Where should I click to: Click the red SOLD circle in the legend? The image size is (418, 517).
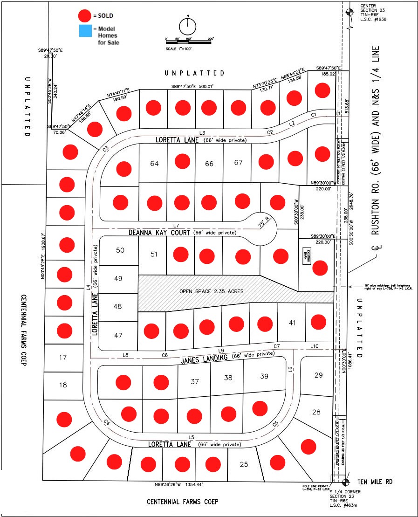click(84, 16)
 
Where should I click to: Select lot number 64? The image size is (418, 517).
click(155, 164)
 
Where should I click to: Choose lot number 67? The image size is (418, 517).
click(239, 163)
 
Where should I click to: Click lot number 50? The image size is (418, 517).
click(120, 250)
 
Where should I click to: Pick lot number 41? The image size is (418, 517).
click(292, 323)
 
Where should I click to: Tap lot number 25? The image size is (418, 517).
click(244, 464)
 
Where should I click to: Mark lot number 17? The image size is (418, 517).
click(63, 358)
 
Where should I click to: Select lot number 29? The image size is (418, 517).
click(318, 375)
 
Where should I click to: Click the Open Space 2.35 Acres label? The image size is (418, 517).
click(211, 291)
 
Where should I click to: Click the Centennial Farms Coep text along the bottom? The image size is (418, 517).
click(182, 502)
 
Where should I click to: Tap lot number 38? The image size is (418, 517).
click(228, 378)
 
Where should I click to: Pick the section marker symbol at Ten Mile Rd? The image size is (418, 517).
click(345, 482)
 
